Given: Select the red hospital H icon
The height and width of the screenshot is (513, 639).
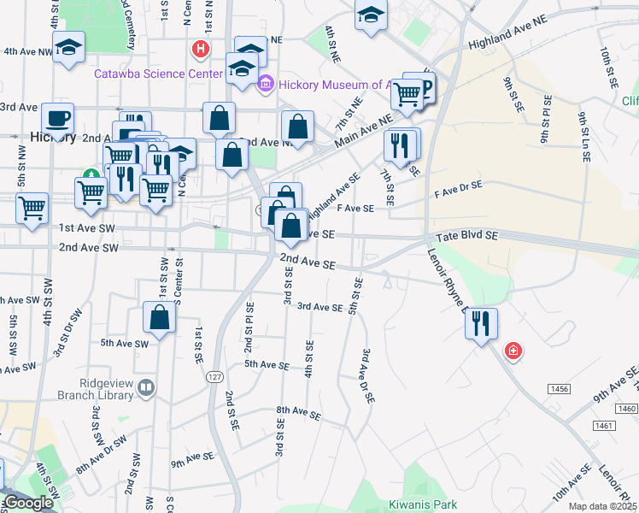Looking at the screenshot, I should tap(201, 49).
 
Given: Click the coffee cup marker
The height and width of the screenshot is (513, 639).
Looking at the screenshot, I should tap(58, 117).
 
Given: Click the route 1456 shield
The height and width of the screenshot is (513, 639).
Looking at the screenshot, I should tap(560, 388).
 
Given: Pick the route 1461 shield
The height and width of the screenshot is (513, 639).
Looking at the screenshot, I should tap(603, 425).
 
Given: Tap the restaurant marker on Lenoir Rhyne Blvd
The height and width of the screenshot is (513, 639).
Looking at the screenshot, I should tap(482, 323).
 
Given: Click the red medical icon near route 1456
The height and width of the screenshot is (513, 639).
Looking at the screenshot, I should tap(513, 351).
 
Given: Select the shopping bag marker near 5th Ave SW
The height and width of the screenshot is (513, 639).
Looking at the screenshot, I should tap(160, 318).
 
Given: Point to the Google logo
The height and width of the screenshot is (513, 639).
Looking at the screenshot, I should tap(28, 503).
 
